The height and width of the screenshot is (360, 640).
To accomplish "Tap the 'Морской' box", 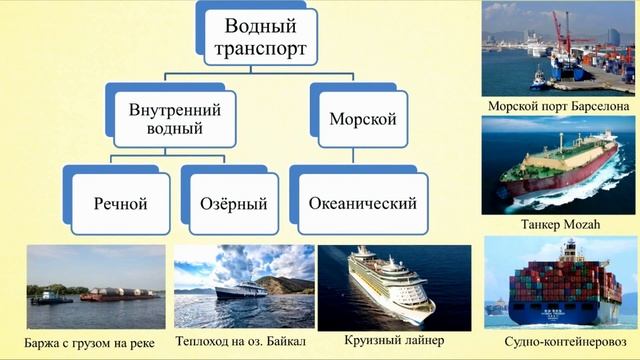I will tap(363, 119).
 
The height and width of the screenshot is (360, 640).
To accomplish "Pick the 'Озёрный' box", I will tap(240, 204).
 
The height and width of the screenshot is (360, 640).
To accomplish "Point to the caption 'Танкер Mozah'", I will tap(558, 225).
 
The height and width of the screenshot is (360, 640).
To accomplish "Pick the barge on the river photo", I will tap(110, 294).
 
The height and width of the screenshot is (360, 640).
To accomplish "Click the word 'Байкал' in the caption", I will tap(284, 342).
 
